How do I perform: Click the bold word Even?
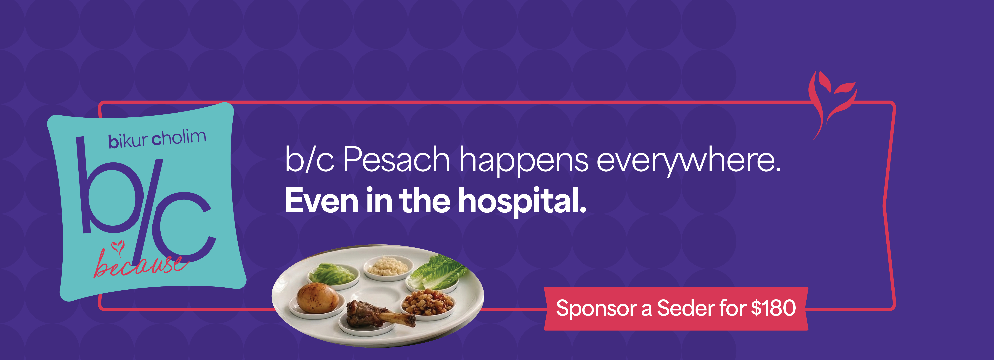(322, 201)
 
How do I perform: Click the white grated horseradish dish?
(388, 266)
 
